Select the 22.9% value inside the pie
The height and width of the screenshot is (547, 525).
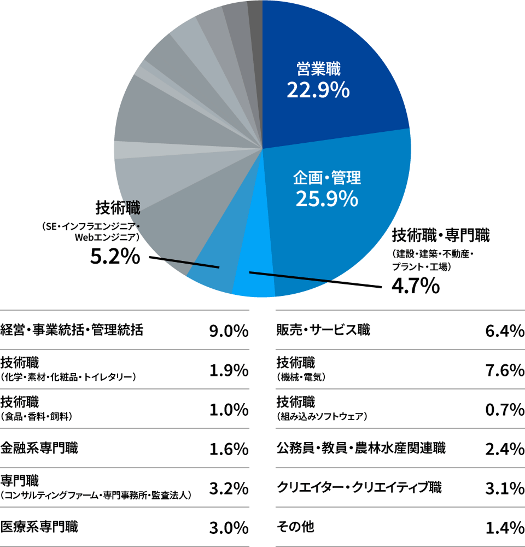click(318, 90)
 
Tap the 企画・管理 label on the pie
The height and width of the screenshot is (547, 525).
click(327, 177)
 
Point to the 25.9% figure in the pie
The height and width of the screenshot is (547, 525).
click(327, 199)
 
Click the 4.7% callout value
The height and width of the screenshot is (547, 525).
click(416, 285)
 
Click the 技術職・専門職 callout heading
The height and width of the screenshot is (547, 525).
click(441, 236)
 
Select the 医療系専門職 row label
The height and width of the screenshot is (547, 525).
click(39, 527)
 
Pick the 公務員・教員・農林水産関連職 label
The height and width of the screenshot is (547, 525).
click(361, 449)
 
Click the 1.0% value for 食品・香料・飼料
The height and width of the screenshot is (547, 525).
click(229, 409)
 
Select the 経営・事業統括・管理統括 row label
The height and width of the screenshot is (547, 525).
click(72, 330)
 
